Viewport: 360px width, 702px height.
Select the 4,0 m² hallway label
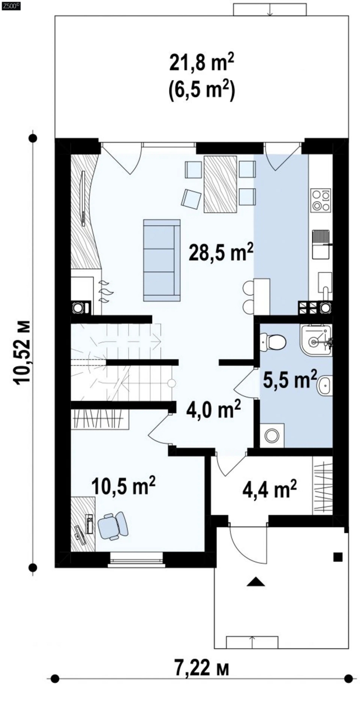pyautogui.click(x=213, y=409)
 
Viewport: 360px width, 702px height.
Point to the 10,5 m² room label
pyautogui.click(x=124, y=485)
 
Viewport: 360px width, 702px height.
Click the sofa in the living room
pyautogui.click(x=162, y=260)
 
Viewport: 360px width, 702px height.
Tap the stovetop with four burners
pyautogui.click(x=320, y=199)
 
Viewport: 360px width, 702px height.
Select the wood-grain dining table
pyautogui.click(x=220, y=184)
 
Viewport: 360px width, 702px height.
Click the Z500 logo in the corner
pyautogui.click(x=11, y=5)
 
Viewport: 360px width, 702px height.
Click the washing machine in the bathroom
pyautogui.click(x=272, y=435)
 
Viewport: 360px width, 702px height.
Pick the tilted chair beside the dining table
pyautogui.click(x=191, y=199)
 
